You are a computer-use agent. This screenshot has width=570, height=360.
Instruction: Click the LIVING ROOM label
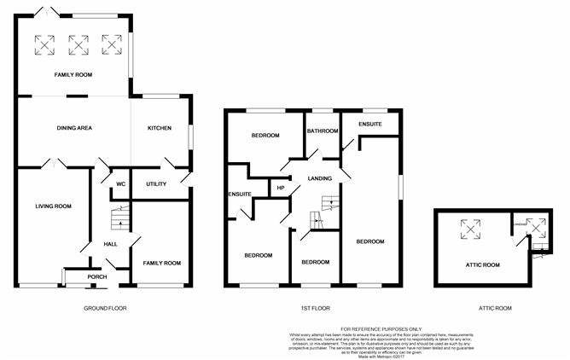pyautogui.click(x=53, y=206)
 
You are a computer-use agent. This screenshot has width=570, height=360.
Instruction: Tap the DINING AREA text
pyautogui.click(x=74, y=128)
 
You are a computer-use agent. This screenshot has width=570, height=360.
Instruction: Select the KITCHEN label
pyautogui.click(x=160, y=128)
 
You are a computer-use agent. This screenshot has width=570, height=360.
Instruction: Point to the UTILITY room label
pyautogui.click(x=155, y=183)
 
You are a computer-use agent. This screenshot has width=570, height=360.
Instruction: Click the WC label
pyautogui.click(x=120, y=183)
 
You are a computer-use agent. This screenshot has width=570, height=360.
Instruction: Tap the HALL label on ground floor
pyautogui.click(x=110, y=244)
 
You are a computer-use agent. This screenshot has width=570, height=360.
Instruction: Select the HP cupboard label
pyautogui.click(x=279, y=188)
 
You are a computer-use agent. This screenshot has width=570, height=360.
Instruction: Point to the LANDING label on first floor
pyautogui.click(x=319, y=177)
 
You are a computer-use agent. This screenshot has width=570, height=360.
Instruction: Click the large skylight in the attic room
pyautogui.click(x=468, y=226)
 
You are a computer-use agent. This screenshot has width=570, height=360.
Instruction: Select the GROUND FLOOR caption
pyautogui.click(x=105, y=307)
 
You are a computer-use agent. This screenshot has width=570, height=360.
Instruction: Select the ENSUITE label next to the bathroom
pyautogui.click(x=370, y=125)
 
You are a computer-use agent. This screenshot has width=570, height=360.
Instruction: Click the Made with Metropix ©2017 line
pyautogui.click(x=379, y=355)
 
